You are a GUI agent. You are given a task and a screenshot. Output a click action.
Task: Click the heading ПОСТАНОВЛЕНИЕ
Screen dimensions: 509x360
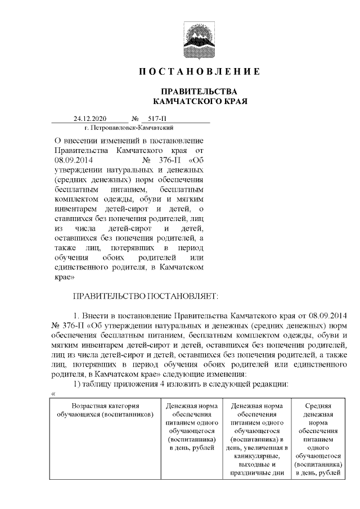tap(200, 71)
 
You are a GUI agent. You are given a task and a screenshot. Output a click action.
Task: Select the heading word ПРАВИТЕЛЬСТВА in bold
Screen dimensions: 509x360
tap(200, 92)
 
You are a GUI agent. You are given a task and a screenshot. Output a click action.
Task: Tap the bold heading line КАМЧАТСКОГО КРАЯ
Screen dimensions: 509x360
tap(200, 101)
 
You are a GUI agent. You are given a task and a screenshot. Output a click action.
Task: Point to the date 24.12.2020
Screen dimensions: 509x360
tap(86, 119)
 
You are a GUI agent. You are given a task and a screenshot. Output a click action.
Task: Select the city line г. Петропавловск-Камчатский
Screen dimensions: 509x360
tap(110, 128)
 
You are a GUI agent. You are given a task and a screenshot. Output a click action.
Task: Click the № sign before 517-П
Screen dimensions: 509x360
tap(136, 119)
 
